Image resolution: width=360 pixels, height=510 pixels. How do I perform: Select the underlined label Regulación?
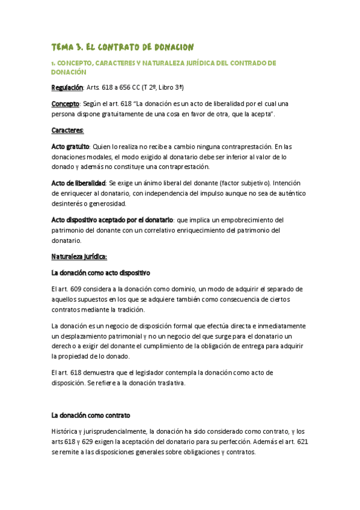coord(67,87)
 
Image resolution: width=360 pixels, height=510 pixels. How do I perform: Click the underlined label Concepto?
coord(65,103)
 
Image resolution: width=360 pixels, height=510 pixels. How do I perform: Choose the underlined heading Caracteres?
coord(67,130)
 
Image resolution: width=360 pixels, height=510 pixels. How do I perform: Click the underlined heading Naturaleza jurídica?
coord(79,256)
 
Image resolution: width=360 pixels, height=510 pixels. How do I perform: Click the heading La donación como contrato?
coord(91,415)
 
